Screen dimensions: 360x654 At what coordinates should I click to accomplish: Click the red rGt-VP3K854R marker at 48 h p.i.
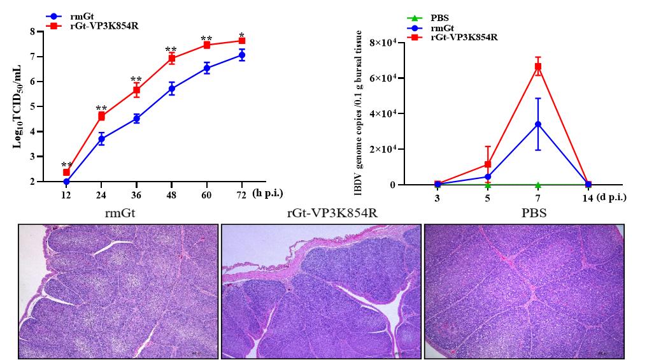point(172,59)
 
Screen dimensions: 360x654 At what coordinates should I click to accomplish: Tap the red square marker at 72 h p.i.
point(242,41)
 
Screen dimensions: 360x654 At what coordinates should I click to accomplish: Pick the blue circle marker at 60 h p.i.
point(207,68)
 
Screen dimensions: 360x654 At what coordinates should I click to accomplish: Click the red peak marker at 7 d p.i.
point(538,66)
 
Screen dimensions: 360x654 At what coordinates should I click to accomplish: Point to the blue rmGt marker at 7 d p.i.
point(538,124)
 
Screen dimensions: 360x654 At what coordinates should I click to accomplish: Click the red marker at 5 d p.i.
point(488,164)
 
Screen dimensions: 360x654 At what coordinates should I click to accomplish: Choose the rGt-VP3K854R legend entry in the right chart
point(466,37)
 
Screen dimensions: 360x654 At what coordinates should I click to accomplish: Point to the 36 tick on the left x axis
point(136,193)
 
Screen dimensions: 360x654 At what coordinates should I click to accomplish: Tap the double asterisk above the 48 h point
point(171,50)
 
